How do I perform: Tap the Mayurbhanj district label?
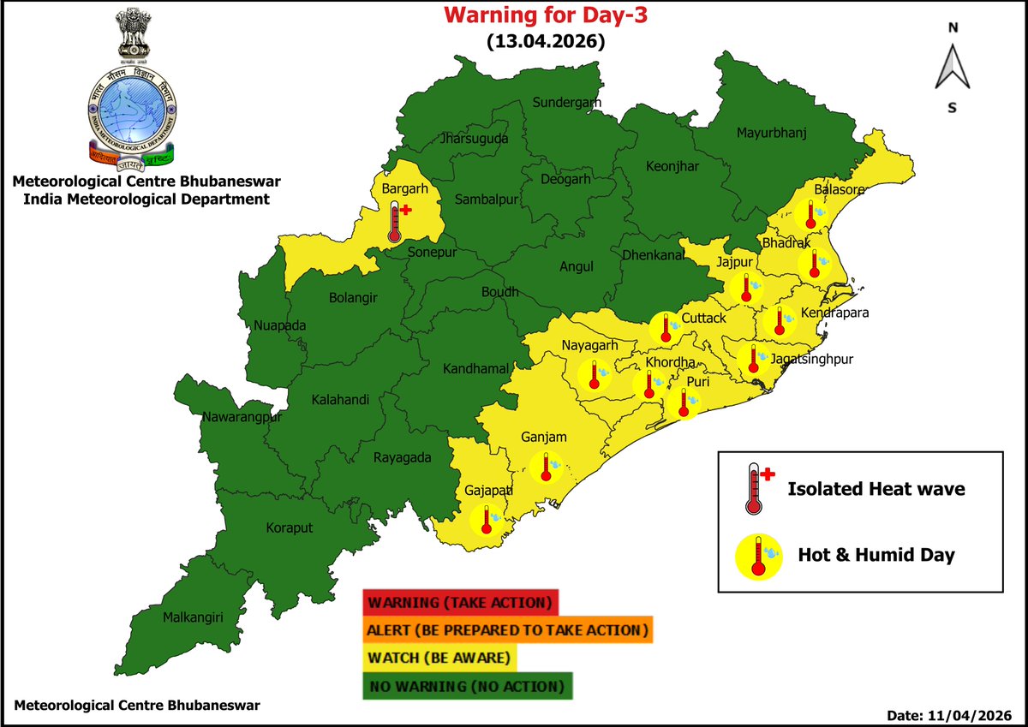click(772, 133)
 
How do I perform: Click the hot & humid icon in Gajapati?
click(487, 519)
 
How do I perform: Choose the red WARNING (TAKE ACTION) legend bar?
click(461, 602)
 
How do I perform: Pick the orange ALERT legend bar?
click(508, 630)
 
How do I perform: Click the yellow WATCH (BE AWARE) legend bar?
click(441, 658)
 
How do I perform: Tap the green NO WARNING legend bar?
click(467, 686)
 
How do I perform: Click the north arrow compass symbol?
click(952, 68)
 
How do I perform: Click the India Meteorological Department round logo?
click(132, 116)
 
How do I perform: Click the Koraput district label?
click(290, 528)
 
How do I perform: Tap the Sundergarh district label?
click(567, 103)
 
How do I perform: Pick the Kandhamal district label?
click(476, 369)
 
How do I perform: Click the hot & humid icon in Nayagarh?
click(591, 375)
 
